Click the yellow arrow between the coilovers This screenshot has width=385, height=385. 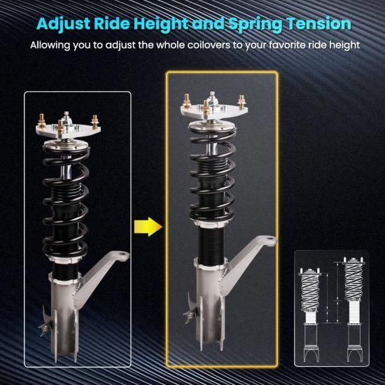[148, 227]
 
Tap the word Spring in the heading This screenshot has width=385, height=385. [255, 24]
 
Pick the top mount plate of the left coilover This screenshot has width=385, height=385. [68, 130]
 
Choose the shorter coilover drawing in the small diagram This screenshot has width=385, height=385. [310, 315]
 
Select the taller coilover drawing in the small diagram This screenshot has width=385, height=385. [353, 309]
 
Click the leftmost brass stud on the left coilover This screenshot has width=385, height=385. [41, 121]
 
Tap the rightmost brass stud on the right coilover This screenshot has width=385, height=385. [241, 101]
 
